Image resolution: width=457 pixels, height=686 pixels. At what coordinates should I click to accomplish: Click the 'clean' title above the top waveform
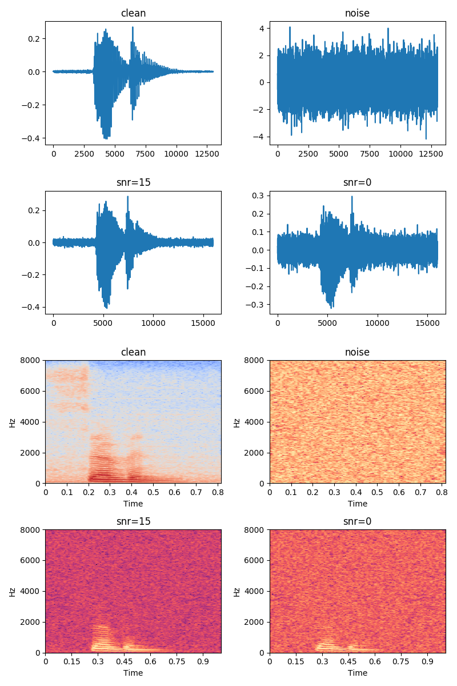coord(133,13)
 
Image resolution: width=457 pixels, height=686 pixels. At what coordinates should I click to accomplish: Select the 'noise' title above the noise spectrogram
coord(358,352)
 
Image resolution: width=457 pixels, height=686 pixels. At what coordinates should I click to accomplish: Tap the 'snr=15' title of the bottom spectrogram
coord(133,521)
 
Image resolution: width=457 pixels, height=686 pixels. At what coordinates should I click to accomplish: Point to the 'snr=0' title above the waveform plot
coord(358,182)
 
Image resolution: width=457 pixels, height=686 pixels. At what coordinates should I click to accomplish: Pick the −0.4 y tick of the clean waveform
coord(33,138)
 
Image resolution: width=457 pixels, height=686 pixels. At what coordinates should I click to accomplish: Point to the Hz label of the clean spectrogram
coord(13,422)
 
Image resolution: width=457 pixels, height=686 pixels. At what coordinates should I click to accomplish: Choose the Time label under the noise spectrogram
coord(358,504)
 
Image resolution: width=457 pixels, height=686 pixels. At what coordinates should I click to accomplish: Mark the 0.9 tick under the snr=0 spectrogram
coord(427,661)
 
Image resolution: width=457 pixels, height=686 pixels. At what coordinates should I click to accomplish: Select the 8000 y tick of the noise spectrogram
coord(255,360)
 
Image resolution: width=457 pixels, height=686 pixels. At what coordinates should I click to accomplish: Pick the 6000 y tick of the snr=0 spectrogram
coord(255,560)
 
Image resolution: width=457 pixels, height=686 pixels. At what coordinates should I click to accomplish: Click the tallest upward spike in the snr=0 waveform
coord(352,197)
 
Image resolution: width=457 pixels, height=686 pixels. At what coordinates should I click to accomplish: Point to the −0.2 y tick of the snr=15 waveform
coord(33,275)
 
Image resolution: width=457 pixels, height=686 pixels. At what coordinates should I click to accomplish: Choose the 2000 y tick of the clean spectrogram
coord(31,452)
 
